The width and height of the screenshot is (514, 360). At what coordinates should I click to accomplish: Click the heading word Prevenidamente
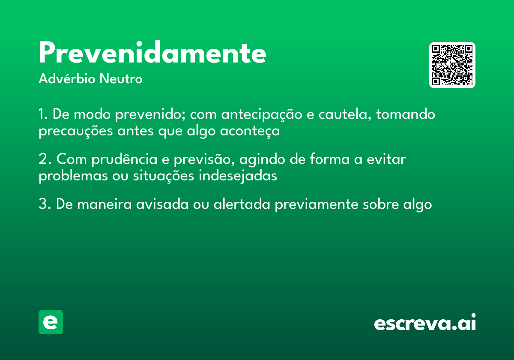click(152, 54)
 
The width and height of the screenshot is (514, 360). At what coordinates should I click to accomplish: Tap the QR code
click(452, 65)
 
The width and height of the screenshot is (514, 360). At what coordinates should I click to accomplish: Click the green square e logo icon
click(51, 322)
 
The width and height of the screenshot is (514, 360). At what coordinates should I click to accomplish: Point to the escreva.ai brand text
click(425, 323)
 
